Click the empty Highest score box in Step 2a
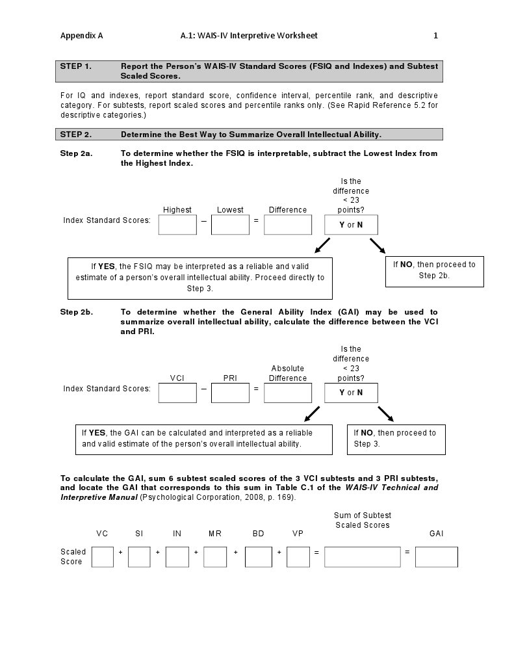[x=177, y=225]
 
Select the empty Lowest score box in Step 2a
[x=230, y=225]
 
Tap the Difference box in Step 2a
[x=288, y=225]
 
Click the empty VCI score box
[x=177, y=393]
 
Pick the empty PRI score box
[x=230, y=393]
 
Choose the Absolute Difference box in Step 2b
[x=288, y=393]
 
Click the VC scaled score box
[x=103, y=556]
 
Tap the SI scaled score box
[x=139, y=556]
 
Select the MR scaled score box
[x=215, y=556]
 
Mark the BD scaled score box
[x=259, y=556]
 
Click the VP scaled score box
[x=298, y=556]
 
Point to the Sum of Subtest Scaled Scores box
[x=362, y=556]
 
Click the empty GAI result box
[x=436, y=556]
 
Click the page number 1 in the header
[x=436, y=36]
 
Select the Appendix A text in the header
[x=81, y=36]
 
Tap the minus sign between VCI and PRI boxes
[x=203, y=389]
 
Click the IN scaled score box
[x=177, y=556]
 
